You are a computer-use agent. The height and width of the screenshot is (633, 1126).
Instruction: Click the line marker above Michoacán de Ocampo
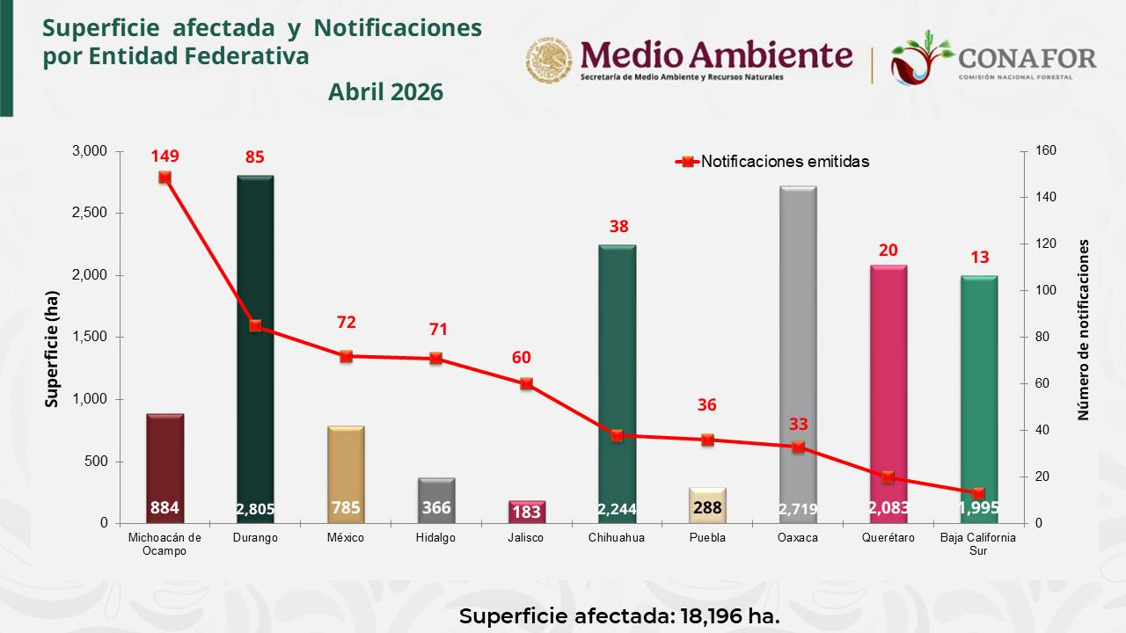(165, 178)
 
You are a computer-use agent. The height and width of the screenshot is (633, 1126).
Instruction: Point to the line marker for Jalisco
(527, 384)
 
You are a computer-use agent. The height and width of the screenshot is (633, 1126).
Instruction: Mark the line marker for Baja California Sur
(979, 493)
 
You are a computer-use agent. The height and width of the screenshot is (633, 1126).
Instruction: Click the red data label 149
(165, 156)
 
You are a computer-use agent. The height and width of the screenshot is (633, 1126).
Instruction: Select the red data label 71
(437, 330)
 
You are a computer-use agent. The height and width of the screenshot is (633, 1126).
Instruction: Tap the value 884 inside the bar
(165, 508)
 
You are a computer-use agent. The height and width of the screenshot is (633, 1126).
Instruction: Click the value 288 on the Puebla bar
(707, 508)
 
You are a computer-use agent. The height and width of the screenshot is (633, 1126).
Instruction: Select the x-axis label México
(346, 538)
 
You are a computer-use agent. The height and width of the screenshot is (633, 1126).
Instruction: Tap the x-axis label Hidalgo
(436, 538)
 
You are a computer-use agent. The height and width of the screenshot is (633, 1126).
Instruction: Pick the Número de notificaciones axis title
(1084, 330)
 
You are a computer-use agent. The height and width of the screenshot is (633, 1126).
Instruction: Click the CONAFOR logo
(993, 58)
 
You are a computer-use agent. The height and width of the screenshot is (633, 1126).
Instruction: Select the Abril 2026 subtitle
(385, 92)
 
